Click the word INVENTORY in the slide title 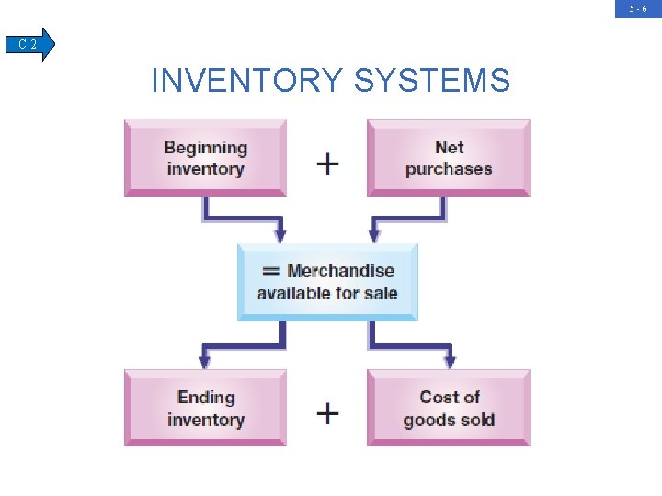coord(247,81)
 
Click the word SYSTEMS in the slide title coord(431,81)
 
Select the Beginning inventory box coord(205,157)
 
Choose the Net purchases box coord(449,157)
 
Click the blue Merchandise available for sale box coord(327,281)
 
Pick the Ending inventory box coord(205,408)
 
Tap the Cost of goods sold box coord(449,408)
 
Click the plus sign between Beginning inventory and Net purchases coord(327,163)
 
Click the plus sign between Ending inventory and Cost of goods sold coord(327,413)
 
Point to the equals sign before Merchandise coord(271,271)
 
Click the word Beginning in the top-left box coord(205,147)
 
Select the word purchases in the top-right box coord(449,169)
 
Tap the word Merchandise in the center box coord(340,271)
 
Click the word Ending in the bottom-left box coord(206,398)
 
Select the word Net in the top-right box coord(450,147)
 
